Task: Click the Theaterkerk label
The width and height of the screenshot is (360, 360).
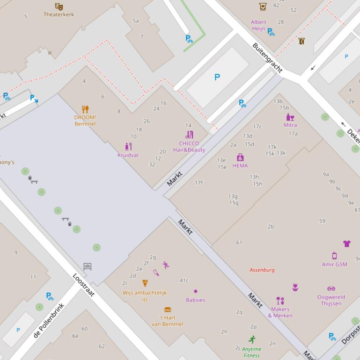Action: click(x=59, y=14)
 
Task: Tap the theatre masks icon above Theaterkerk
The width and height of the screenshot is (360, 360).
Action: click(x=59, y=6)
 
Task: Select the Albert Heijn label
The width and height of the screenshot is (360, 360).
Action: click(x=258, y=25)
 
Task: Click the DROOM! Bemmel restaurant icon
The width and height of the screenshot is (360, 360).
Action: click(x=85, y=109)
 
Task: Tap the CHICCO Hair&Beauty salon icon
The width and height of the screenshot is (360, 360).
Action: click(x=189, y=135)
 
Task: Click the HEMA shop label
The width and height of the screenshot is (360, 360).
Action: click(x=240, y=166)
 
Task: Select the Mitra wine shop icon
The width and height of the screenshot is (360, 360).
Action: click(x=290, y=117)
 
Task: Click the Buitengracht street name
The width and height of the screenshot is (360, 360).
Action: click(x=267, y=58)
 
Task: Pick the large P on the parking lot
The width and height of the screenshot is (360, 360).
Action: click(x=217, y=77)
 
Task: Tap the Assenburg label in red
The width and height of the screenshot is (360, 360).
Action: click(x=262, y=270)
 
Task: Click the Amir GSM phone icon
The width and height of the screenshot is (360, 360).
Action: click(x=334, y=256)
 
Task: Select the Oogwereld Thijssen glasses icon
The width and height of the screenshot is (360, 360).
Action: click(x=331, y=288)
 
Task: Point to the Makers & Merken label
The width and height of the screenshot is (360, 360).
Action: click(x=280, y=312)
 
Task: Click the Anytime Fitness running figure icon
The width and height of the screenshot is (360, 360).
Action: click(x=252, y=339)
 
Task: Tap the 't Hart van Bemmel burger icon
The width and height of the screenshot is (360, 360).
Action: click(x=167, y=310)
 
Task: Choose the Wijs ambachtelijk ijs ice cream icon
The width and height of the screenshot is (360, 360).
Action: click(x=145, y=283)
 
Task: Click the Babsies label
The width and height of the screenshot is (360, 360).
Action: click(x=195, y=300)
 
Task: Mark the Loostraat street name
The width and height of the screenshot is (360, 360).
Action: click(x=84, y=285)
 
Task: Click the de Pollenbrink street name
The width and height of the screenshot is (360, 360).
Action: click(x=49, y=320)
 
